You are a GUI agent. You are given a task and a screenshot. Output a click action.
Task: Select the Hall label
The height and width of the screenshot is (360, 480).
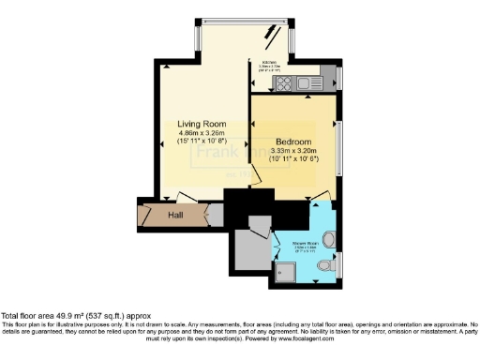pyautogui.click(x=175, y=216)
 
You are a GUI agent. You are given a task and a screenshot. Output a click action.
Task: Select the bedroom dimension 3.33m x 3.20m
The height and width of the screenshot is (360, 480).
pyautogui.click(x=292, y=151)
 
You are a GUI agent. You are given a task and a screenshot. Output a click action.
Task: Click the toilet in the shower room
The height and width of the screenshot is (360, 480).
pyautogui.click(x=325, y=267)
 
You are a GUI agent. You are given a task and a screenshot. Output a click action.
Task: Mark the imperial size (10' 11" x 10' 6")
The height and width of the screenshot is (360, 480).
pyautogui.click(x=292, y=159)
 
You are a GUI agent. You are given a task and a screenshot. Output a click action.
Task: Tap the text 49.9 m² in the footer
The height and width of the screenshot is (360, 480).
pyautogui.click(x=72, y=316)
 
